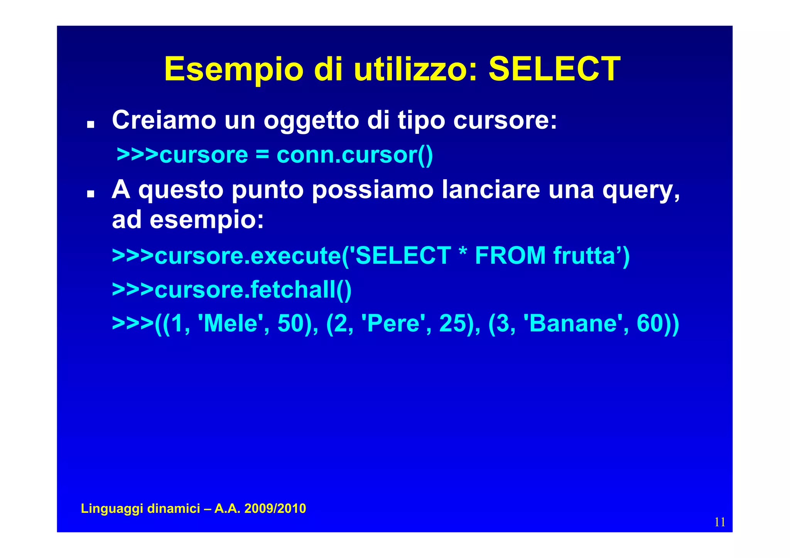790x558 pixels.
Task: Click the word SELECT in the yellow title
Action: click(x=554, y=69)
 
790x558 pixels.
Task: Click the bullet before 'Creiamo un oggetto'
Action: click(x=91, y=124)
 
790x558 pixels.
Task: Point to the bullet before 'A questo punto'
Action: click(x=91, y=193)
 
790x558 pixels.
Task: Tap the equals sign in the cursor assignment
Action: click(x=262, y=155)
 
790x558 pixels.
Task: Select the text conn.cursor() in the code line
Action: click(x=355, y=155)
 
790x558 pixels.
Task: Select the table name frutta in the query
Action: click(x=584, y=255)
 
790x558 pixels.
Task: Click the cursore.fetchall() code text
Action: click(x=253, y=289)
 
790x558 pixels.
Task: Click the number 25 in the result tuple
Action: click(x=452, y=323)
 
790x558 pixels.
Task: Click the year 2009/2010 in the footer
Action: click(x=275, y=509)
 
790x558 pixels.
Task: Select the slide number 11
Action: click(x=720, y=522)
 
